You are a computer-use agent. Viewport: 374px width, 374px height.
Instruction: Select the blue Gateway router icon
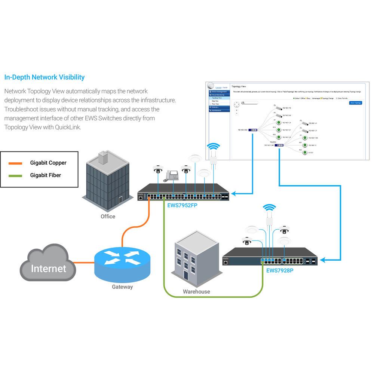tap(122, 262)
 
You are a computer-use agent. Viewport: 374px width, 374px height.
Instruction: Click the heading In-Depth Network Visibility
tap(44, 77)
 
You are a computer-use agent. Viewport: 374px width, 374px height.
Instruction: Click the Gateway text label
tap(122, 287)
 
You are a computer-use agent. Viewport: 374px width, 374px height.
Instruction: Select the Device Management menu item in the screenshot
tap(219, 92)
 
